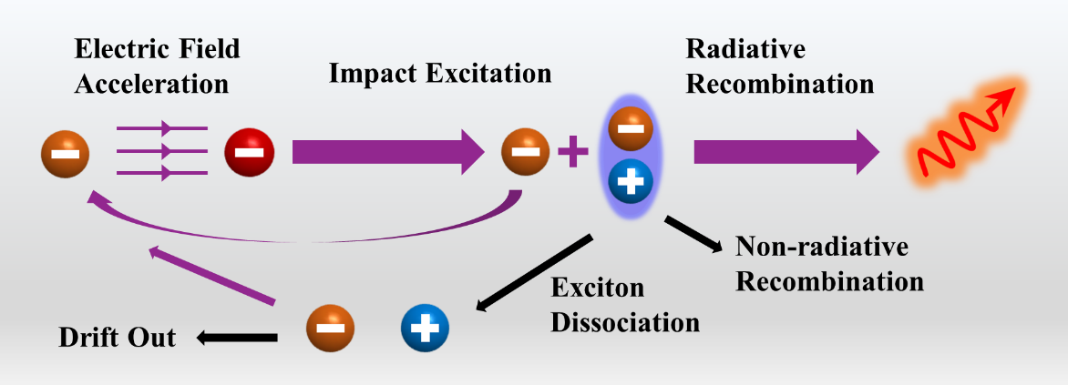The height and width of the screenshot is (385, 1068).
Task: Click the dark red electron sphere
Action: point(249,151)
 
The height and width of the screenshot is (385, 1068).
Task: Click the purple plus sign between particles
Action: point(572,151)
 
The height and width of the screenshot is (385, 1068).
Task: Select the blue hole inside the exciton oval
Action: point(629,183)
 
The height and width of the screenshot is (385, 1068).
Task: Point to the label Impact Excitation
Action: point(440,74)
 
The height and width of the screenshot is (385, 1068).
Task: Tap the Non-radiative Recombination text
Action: point(829,263)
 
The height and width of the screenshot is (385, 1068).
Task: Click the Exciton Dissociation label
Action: point(624,305)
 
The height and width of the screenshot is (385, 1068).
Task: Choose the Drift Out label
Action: point(117,339)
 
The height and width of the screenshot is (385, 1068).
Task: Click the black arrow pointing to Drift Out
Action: point(235,339)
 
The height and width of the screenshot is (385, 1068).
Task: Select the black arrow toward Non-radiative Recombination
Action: point(697,233)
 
